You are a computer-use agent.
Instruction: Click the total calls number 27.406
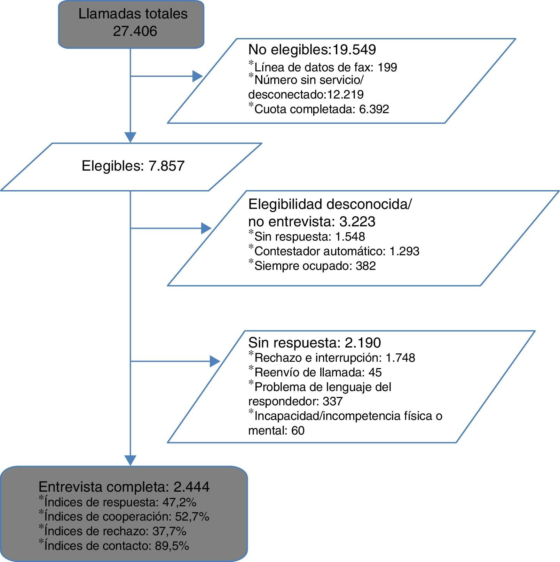point(135,31)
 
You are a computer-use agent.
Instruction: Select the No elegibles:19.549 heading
point(312,50)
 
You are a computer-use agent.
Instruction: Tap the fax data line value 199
point(387,67)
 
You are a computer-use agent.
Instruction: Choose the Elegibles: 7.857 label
point(133,166)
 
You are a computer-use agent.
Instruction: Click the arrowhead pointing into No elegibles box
point(197,76)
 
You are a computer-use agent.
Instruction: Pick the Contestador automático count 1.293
point(404,251)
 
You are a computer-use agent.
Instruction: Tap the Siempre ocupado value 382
point(365,266)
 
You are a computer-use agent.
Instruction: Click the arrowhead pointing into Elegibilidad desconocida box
point(206,228)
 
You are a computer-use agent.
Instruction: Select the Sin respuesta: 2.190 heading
point(314,343)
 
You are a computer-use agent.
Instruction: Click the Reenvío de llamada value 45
point(375,373)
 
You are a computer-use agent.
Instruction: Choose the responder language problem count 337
point(333,401)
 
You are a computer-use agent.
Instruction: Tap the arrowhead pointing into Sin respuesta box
point(215,361)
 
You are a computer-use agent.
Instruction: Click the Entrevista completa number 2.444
point(191,487)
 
